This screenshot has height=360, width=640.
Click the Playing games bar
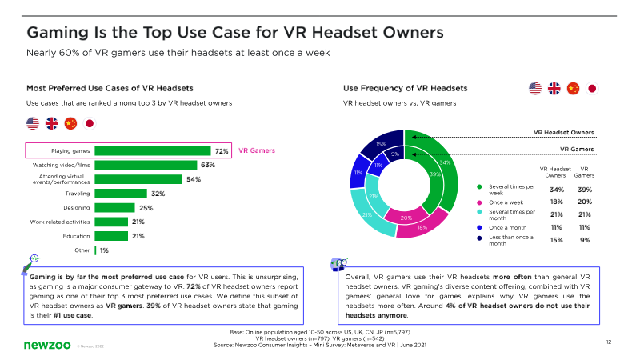click(x=152, y=150)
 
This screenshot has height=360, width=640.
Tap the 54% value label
click(x=194, y=179)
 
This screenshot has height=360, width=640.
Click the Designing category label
click(x=77, y=208)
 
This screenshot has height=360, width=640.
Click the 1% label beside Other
click(x=104, y=250)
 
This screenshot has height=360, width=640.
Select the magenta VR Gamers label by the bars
click(x=258, y=150)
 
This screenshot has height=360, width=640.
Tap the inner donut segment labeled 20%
click(x=405, y=218)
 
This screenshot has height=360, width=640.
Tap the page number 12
click(x=610, y=342)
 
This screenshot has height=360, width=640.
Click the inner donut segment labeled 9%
click(x=394, y=154)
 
